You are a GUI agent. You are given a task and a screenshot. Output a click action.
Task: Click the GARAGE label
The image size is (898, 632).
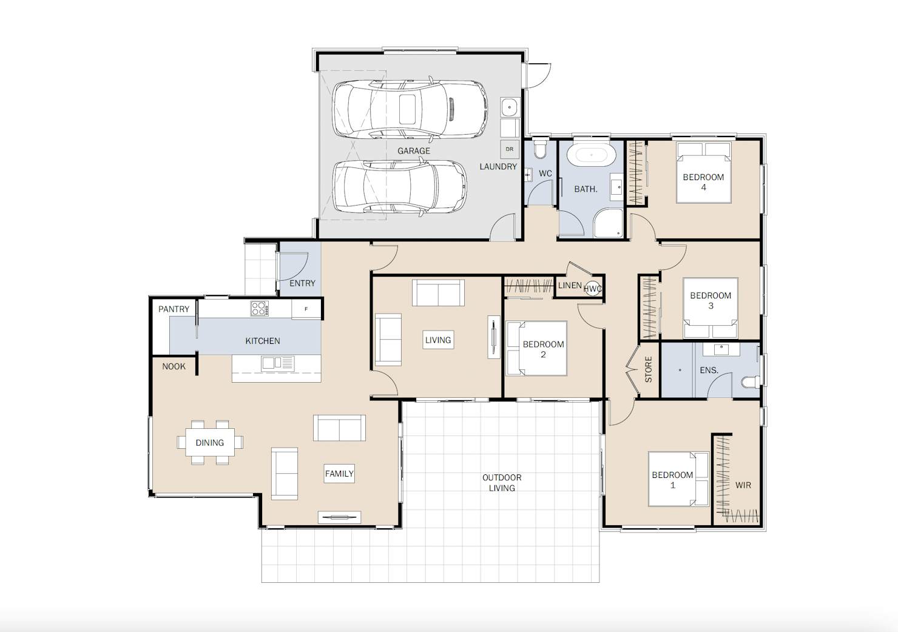click(414, 151)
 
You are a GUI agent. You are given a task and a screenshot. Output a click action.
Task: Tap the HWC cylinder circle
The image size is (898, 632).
click(593, 289)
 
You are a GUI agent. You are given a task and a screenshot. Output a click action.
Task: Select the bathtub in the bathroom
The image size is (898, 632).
click(592, 155)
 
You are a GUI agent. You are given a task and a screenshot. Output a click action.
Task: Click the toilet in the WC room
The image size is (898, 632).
click(539, 148)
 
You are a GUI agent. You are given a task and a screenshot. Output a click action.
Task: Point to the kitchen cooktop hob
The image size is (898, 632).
click(259, 309)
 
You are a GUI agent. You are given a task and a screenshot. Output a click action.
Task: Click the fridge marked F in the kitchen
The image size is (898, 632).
click(306, 309)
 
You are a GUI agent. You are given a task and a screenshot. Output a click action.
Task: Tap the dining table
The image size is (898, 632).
click(210, 442)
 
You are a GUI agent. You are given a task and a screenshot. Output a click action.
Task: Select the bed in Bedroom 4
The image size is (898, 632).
click(704, 173)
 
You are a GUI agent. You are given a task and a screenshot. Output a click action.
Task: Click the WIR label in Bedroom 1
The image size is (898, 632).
click(743, 485)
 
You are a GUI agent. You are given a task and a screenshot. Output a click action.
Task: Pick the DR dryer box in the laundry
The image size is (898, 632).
click(510, 149)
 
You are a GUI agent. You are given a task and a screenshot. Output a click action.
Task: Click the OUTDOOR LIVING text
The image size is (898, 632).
click(502, 483)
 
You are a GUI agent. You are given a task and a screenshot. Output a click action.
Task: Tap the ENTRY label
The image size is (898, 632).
click(302, 283)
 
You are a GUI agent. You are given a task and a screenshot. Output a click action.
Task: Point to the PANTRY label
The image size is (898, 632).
click(174, 309)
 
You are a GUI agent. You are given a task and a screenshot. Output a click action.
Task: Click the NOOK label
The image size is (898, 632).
click(174, 366)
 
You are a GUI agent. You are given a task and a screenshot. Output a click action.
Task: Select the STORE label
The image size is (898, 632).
click(648, 369)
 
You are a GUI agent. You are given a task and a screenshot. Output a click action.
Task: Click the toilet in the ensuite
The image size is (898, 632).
click(751, 382)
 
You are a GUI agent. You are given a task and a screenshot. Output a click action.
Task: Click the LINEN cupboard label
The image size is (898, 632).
click(570, 285)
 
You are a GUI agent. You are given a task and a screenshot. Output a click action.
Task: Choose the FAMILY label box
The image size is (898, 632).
click(339, 474)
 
